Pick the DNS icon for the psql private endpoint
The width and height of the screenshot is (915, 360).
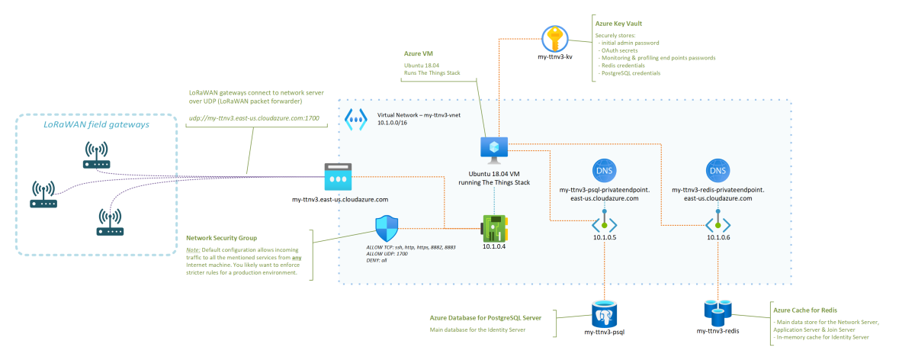pyautogui.click(x=604, y=169)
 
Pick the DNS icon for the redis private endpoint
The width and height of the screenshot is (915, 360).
pyautogui.click(x=718, y=169)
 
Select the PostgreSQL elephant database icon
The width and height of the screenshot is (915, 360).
pyautogui.click(x=604, y=312)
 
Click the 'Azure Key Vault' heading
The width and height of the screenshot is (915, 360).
pyautogui.click(x=620, y=25)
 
